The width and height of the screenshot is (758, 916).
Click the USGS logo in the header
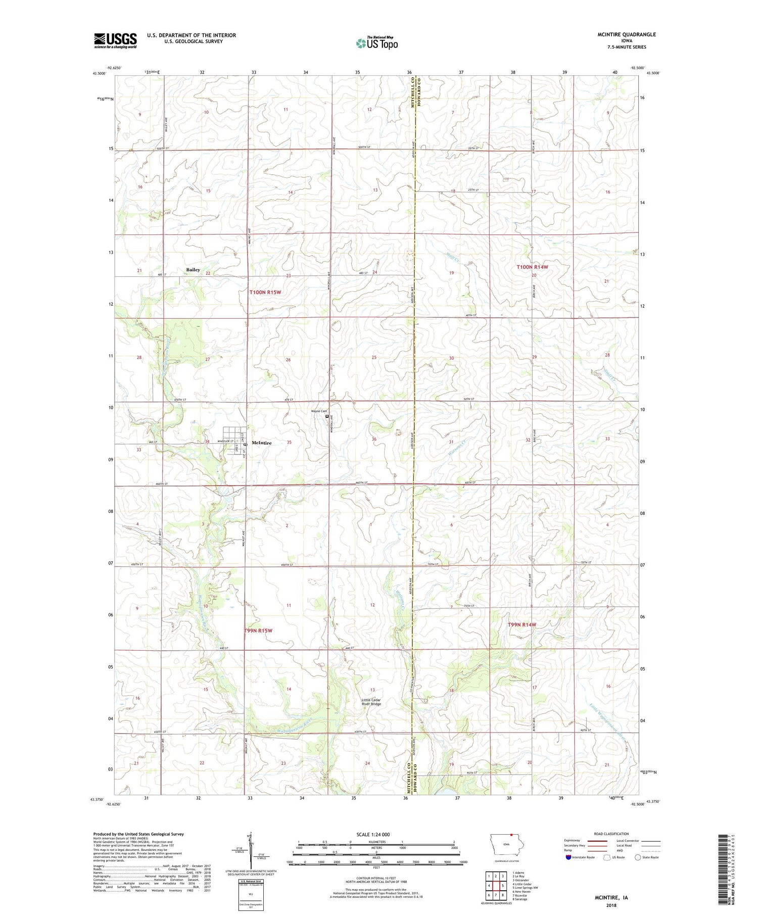coord(115,40)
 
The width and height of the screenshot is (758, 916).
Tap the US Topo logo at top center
coord(377,43)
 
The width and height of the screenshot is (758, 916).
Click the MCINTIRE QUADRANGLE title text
coord(626,34)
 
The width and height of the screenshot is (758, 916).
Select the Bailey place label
coord(193,270)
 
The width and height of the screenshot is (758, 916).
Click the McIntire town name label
coord(261,443)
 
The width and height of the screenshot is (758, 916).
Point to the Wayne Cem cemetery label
coord(318,411)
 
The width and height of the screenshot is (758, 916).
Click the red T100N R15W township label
coord(265,292)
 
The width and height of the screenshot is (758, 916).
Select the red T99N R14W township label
coord(522,625)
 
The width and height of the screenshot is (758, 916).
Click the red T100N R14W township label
coord(532,267)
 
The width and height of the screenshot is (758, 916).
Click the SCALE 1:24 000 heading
coord(376,834)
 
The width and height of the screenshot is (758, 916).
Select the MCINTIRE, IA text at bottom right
coord(610,898)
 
